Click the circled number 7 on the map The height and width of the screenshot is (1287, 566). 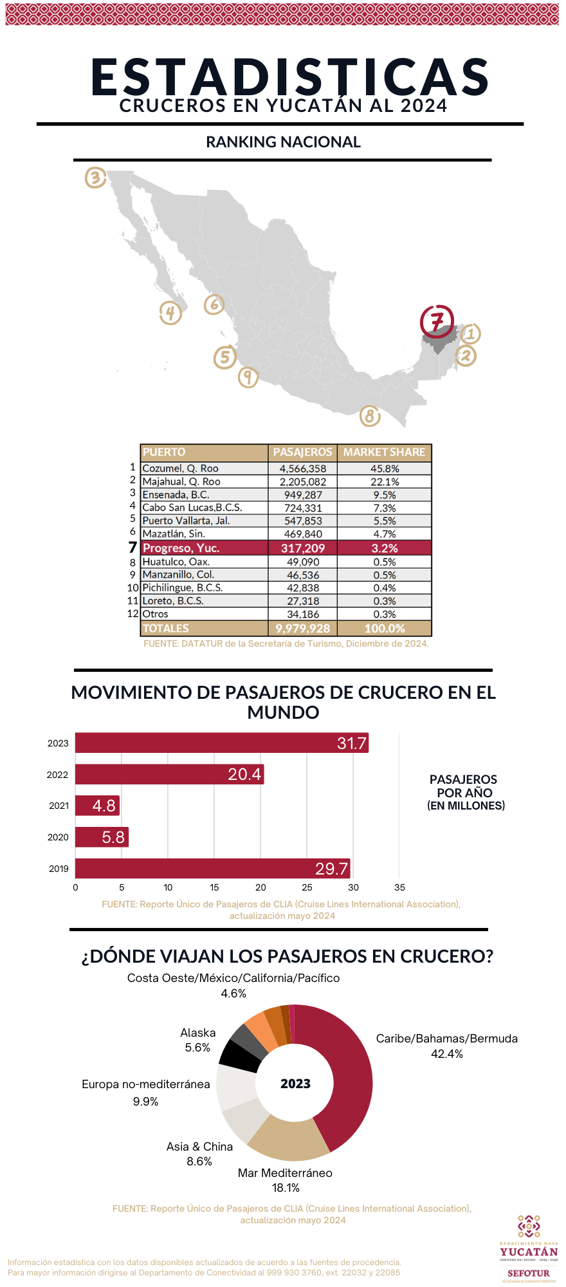(437, 320)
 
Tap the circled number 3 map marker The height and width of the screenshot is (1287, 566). (95, 177)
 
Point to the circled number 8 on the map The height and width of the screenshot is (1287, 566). (369, 416)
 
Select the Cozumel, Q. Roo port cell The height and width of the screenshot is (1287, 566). (181, 468)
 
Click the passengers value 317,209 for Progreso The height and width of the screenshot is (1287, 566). (303, 548)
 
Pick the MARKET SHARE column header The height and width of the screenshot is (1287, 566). (384, 452)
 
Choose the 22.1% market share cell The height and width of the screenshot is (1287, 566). (385, 482)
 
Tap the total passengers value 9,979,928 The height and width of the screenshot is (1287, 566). (303, 629)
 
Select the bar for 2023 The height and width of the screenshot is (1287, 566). (221, 743)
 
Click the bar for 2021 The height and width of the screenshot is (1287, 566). (97, 806)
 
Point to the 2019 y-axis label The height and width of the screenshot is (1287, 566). (59, 869)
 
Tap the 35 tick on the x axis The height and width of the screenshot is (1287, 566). (399, 887)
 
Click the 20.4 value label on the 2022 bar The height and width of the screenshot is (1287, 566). (244, 774)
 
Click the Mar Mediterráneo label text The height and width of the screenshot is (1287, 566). (285, 1173)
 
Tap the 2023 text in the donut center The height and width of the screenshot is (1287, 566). (295, 1084)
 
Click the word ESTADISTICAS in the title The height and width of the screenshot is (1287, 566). (290, 77)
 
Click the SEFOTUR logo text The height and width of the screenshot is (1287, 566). (528, 1273)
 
